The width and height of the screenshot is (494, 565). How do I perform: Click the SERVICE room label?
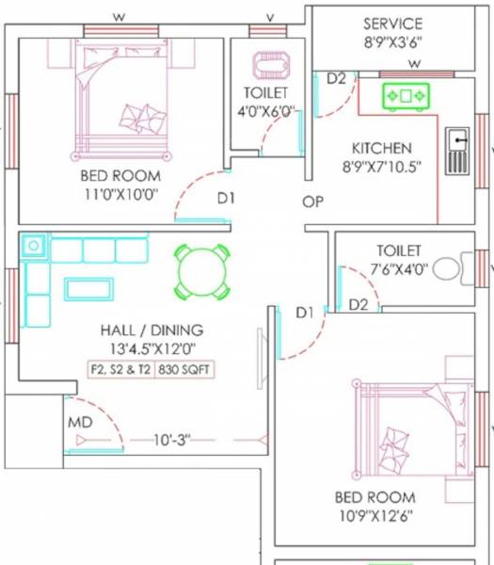click(x=392, y=24)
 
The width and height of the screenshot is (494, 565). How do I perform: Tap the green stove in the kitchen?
click(x=406, y=95)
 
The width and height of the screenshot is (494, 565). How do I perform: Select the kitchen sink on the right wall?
click(x=456, y=151)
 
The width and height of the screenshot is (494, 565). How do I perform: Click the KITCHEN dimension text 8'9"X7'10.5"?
click(x=381, y=167)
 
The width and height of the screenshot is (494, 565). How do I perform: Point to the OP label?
click(x=313, y=202)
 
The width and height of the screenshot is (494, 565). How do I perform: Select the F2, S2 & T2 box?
click(x=120, y=369)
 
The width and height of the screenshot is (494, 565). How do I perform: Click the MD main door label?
click(x=79, y=423)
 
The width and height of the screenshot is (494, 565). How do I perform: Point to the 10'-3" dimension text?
click(x=173, y=440)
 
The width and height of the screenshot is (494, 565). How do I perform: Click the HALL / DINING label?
click(x=151, y=331)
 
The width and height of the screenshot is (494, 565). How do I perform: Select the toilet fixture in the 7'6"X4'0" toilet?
click(x=450, y=268)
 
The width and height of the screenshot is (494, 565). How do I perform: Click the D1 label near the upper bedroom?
click(x=226, y=199)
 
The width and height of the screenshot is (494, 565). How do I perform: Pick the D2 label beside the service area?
click(x=336, y=79)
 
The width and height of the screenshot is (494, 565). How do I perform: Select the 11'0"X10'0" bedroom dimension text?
click(x=120, y=195)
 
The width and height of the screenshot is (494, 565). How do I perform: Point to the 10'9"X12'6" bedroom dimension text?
click(x=374, y=515)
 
